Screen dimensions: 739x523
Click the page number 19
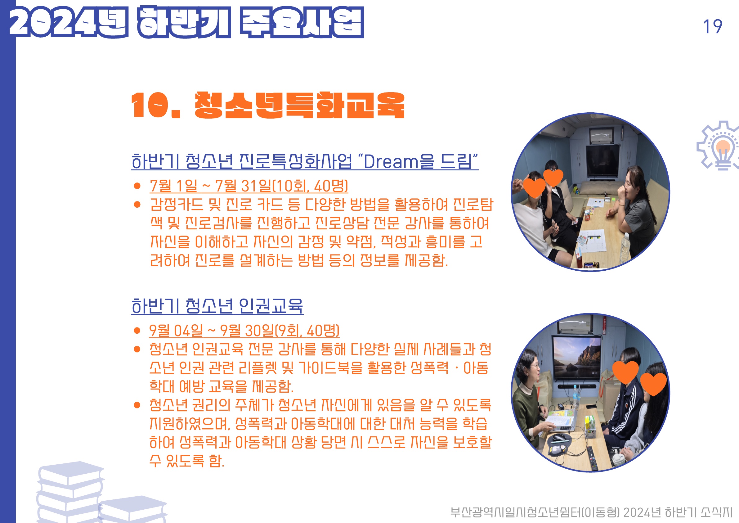coord(712,26)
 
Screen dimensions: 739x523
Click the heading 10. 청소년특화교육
coord(267,105)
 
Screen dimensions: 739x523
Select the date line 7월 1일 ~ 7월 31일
coord(249,186)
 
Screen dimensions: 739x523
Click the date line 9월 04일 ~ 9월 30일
coord(244,331)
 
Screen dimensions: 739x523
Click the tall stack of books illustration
coord(70,492)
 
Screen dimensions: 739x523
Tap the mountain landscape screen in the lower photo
coord(576,358)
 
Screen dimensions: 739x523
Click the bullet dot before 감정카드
coord(137,205)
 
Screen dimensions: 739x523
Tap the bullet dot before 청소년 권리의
coord(137,405)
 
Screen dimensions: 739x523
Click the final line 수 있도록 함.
coord(187,461)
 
